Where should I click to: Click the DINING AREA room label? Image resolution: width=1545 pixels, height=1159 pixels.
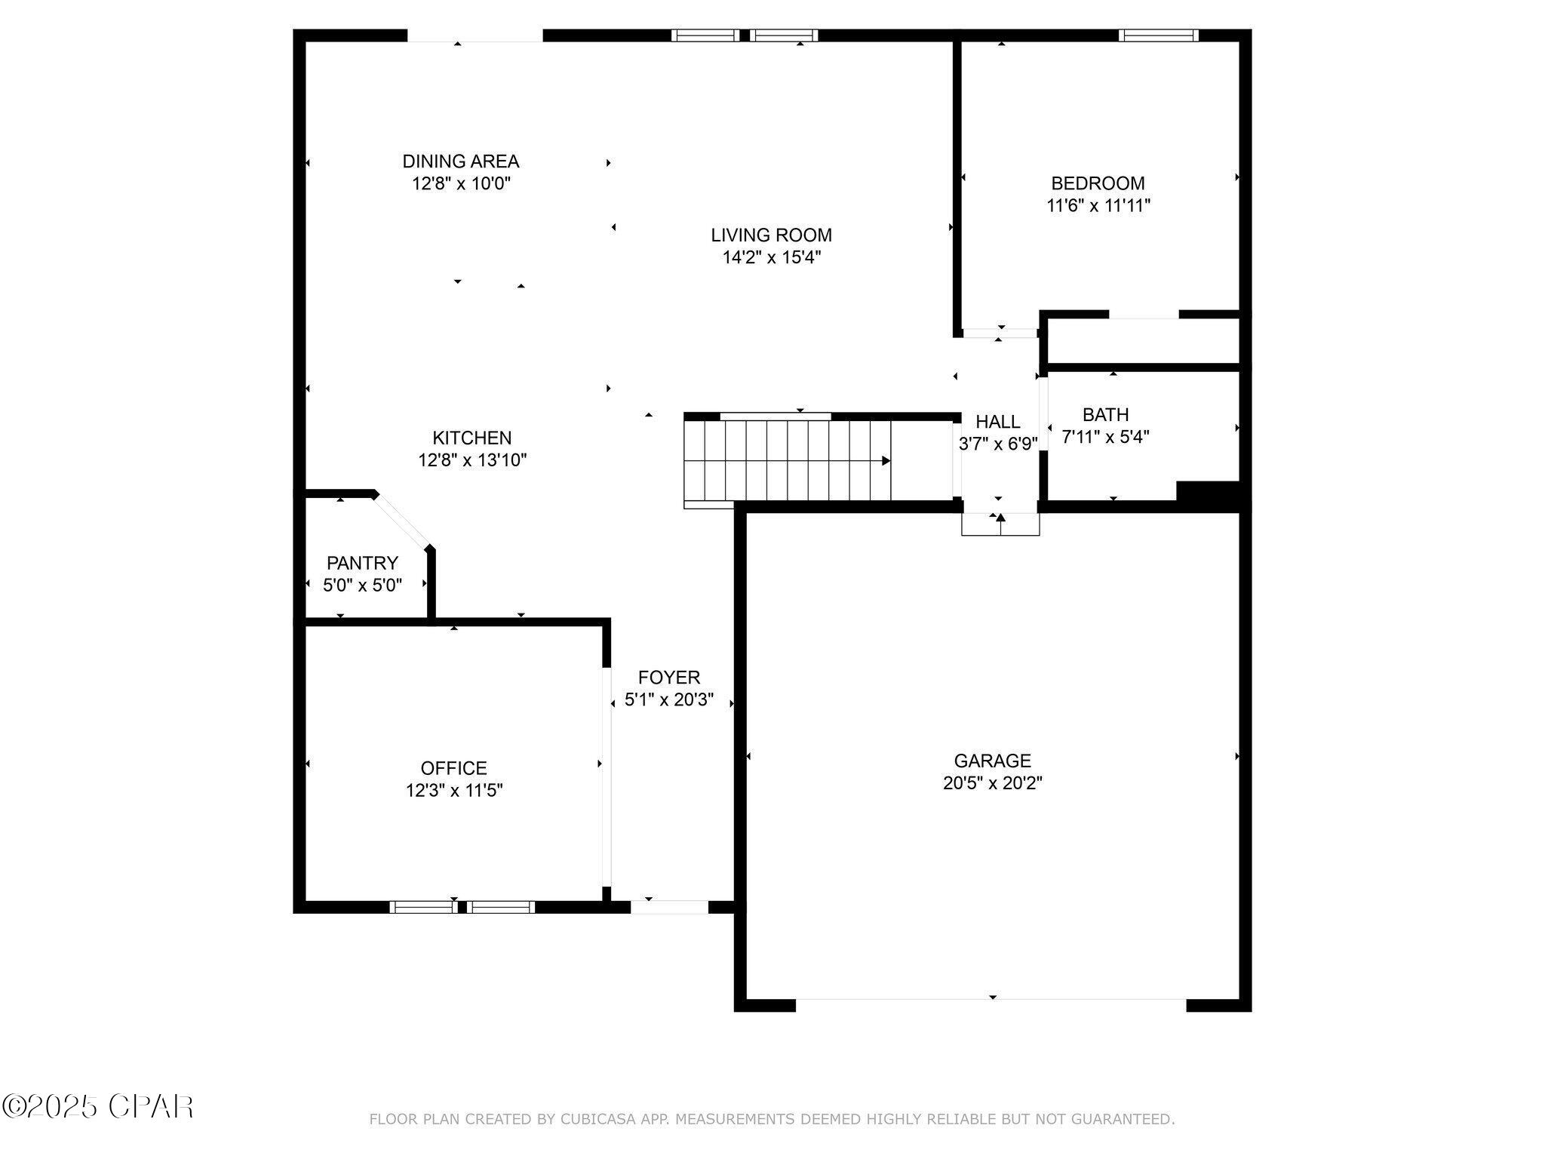[460, 161]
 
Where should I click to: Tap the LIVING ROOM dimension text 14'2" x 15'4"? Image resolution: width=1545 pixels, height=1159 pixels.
[771, 257]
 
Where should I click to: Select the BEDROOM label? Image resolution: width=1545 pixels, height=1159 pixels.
[1098, 183]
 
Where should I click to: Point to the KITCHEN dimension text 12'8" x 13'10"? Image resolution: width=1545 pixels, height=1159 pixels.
[472, 460]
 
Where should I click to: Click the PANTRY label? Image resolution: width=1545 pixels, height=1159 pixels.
[362, 563]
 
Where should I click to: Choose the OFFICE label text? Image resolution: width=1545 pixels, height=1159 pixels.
[453, 768]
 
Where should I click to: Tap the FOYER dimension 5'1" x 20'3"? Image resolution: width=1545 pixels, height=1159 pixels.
[669, 700]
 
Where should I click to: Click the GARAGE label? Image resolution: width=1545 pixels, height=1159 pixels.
[992, 761]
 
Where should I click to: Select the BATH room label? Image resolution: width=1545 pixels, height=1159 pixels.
[1105, 414]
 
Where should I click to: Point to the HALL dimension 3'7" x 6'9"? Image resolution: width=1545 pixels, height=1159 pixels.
[998, 444]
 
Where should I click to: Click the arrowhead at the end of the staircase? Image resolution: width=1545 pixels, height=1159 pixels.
[886, 461]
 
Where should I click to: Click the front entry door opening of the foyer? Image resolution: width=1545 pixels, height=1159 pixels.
[669, 907]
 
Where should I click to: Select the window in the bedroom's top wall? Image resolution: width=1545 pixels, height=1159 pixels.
[1158, 35]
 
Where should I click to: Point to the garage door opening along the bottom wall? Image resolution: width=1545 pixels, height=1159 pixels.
[991, 1005]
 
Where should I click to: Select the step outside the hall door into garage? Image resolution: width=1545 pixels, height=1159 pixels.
[1000, 524]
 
